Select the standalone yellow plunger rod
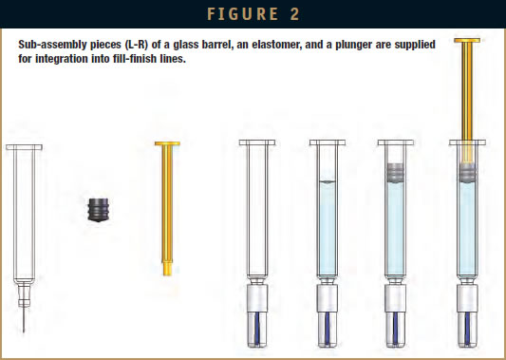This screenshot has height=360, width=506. (x=167, y=209)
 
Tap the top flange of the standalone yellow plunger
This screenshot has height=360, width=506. (x=167, y=143)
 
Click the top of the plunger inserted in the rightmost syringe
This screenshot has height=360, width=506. (x=469, y=42)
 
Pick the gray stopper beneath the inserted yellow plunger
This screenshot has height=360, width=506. (x=469, y=173)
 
